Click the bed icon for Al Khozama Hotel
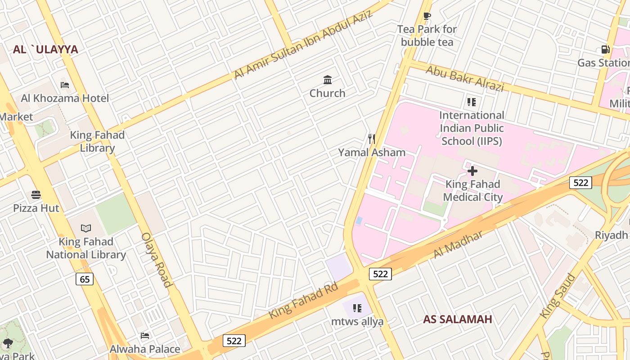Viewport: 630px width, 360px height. click(65, 85)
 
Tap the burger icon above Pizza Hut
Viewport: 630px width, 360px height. click(36, 195)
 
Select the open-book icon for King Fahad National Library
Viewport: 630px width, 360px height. click(85, 229)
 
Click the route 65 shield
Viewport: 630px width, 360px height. click(85, 279)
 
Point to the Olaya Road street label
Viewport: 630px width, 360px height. click(157, 260)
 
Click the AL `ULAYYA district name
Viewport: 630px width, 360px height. click(45, 49)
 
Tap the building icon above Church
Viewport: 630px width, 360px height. click(328, 80)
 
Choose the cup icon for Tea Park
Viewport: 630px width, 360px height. click(427, 16)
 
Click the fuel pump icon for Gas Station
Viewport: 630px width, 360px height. click(605, 49)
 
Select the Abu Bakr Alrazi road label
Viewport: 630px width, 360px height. click(464, 78)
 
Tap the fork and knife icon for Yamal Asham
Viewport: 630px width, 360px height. click(372, 139)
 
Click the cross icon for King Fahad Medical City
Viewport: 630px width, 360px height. click(472, 171)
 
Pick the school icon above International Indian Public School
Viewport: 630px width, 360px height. click(471, 102)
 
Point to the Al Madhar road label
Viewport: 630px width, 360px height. click(458, 245)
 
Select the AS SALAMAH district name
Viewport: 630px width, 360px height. click(457, 319)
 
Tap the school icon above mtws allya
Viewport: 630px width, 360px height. click(357, 308)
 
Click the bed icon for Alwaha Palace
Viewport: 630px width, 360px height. click(145, 336)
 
